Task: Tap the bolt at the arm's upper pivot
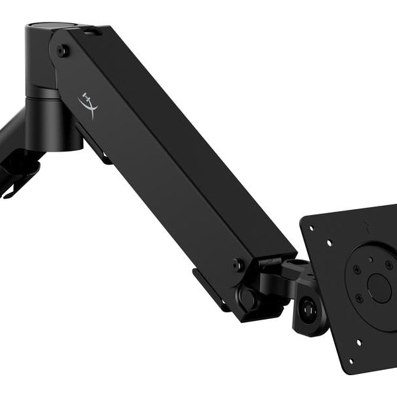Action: [62, 50]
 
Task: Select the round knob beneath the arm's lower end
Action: [248, 298]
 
